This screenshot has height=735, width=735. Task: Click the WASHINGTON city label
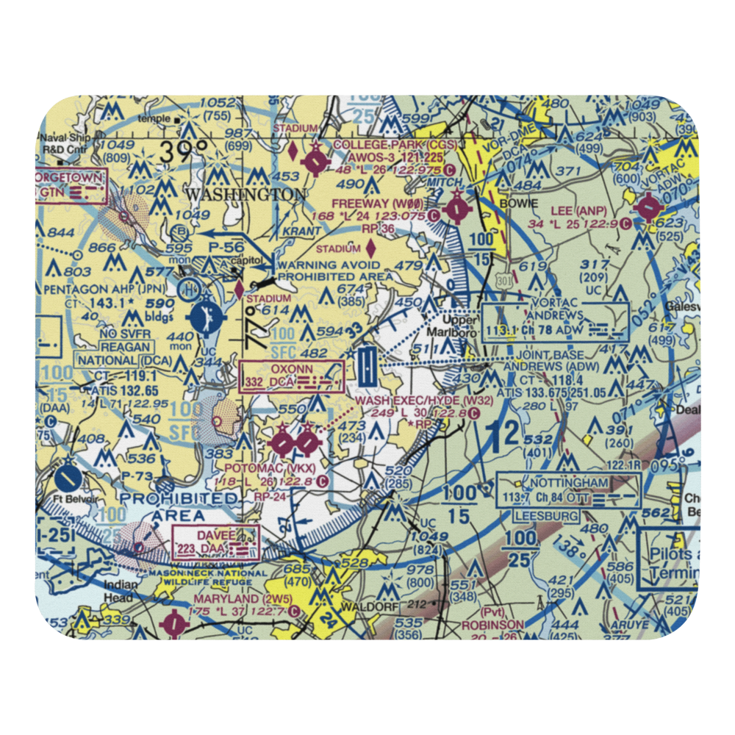coord(245,195)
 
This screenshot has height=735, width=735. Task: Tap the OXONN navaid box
coord(292,375)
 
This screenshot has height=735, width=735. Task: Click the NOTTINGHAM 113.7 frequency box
coord(579,491)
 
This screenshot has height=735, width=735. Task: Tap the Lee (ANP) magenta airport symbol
coord(649,208)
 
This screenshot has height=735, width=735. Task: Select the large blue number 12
coord(506,435)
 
